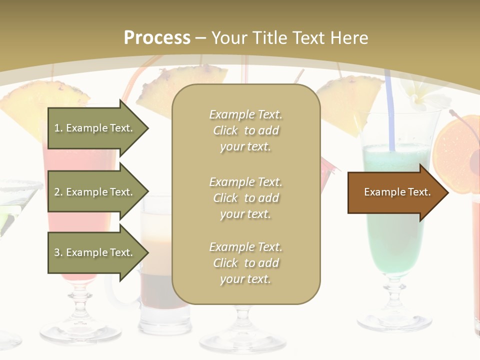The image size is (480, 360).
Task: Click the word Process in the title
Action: [x=157, y=38]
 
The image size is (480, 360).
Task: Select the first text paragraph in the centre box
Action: [x=245, y=130]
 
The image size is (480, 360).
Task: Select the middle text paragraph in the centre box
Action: [x=245, y=198]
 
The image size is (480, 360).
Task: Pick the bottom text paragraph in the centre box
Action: [x=245, y=263]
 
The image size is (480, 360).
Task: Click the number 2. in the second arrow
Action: [x=58, y=192]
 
